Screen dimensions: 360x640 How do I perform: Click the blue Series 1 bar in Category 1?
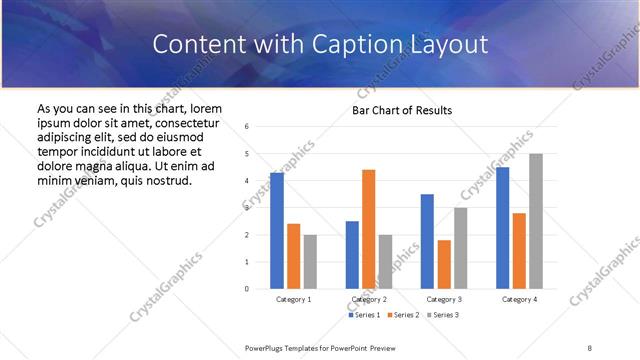click(x=277, y=231)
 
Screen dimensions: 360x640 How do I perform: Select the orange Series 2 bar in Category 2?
click(x=368, y=229)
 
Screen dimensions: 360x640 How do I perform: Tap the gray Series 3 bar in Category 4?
click(x=536, y=221)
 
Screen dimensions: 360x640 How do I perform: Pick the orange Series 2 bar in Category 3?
click(x=444, y=264)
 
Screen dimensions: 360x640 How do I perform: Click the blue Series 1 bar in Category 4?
click(x=502, y=228)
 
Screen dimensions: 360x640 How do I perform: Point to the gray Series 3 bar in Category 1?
click(x=310, y=262)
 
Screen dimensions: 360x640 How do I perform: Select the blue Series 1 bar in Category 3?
click(x=427, y=241)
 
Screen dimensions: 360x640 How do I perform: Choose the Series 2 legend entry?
click(x=402, y=315)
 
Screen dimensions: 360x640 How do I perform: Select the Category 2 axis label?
click(x=368, y=299)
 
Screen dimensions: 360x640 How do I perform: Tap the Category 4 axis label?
click(x=519, y=299)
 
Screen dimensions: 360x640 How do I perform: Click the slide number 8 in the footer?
click(x=590, y=347)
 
